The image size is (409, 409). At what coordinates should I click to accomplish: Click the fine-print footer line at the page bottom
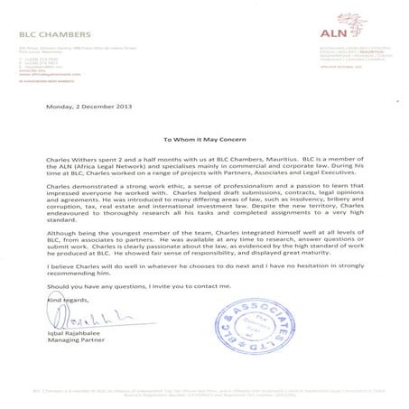pyautogui.click(x=204, y=391)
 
